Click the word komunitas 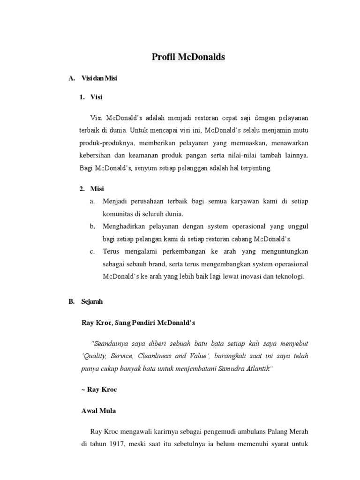click(118, 213)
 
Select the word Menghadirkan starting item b click(126, 226)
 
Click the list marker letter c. click(92, 252)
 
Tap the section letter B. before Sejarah click(71, 302)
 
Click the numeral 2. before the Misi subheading click(82, 188)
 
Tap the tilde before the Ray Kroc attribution click(82, 390)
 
